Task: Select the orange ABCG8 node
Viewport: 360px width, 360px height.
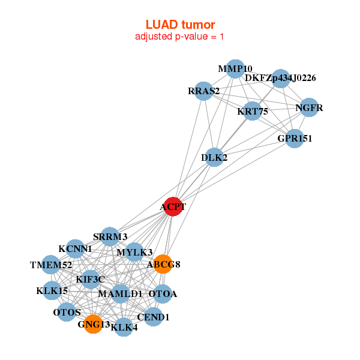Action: [x=163, y=264]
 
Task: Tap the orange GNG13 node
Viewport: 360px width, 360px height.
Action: [x=93, y=324]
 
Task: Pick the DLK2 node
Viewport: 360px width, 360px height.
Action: [x=215, y=157]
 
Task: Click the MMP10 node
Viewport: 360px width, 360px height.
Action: [x=235, y=69]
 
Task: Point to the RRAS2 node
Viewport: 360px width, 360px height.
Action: [x=204, y=91]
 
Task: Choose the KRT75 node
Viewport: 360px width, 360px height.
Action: [x=253, y=111]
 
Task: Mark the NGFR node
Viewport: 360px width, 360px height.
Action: [x=308, y=108]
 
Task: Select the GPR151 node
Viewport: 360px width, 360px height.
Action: [x=294, y=139]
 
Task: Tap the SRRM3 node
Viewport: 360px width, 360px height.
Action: [x=110, y=236]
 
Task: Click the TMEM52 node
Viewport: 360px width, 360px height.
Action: [x=52, y=265]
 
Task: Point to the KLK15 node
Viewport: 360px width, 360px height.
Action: [x=52, y=291]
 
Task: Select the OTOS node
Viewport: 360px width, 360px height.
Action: [x=67, y=312]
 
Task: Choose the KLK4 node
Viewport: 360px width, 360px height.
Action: [x=124, y=327]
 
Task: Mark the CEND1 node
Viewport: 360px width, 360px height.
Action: [x=153, y=316]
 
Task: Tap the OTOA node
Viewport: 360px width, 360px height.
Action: [x=163, y=294]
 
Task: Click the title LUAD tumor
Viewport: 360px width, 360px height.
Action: [x=180, y=25]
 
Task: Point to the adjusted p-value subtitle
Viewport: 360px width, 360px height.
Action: [x=180, y=37]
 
